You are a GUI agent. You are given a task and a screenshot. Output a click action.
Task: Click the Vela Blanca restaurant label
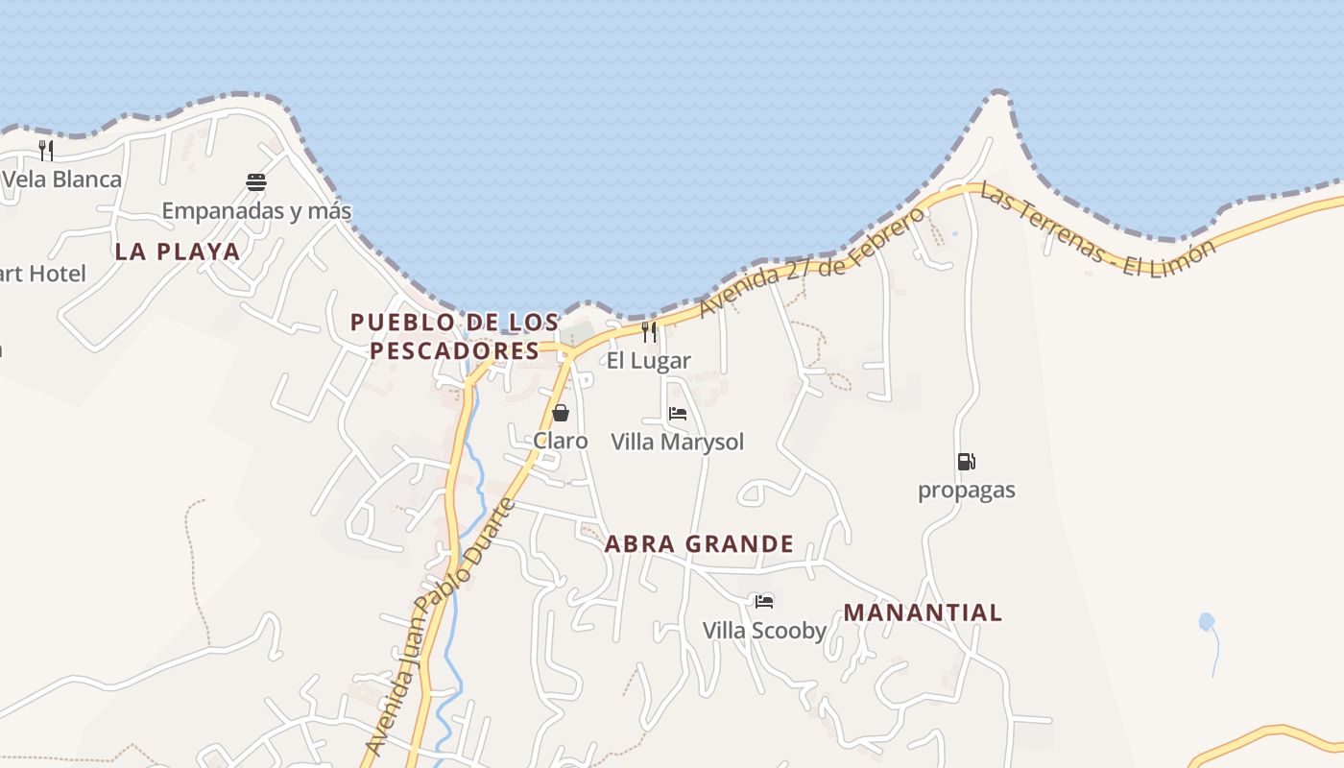(x=62, y=180)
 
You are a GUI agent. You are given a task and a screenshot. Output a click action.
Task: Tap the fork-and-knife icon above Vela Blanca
(x=45, y=150)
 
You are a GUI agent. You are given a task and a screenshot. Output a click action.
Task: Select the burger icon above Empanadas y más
(x=255, y=182)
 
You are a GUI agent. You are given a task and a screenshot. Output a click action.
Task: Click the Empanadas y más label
(x=256, y=210)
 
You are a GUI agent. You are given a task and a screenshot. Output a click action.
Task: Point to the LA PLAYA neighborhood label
(x=178, y=252)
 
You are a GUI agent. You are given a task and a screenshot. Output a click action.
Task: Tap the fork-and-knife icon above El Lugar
(x=649, y=332)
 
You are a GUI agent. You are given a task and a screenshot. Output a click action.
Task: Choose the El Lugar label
(x=649, y=361)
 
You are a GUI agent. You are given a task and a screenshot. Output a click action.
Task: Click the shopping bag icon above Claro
(x=561, y=413)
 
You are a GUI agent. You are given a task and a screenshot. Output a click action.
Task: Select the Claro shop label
(x=561, y=441)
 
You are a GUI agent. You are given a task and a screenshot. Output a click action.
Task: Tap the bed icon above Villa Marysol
(x=678, y=414)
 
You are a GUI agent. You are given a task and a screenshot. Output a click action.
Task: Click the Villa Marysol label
(x=678, y=442)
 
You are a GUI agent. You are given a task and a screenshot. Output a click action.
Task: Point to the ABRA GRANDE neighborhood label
(x=699, y=544)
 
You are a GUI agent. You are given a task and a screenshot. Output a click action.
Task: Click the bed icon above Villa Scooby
(x=764, y=602)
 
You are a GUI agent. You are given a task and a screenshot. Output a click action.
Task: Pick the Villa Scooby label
(x=764, y=631)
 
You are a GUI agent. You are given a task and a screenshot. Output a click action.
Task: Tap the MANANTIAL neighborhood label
(x=923, y=612)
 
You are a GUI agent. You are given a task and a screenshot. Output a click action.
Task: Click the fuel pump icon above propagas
(x=966, y=462)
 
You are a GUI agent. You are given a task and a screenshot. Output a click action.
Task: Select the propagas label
(x=966, y=491)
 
